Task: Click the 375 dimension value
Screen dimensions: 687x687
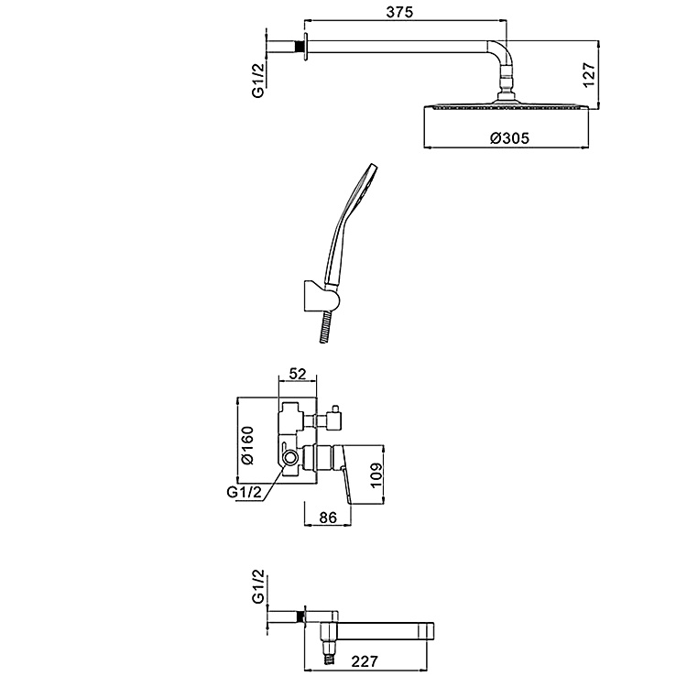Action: coord(399,12)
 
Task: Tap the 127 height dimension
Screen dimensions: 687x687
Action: coord(589,75)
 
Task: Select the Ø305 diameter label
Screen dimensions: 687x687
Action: coord(509,138)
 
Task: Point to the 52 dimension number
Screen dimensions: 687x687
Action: coord(298,374)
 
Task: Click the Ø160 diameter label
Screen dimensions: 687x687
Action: coord(247,445)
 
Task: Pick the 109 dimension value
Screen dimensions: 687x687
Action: coord(376,475)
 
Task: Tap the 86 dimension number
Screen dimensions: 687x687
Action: coord(328,518)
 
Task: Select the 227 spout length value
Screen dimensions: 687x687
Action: coord(364,661)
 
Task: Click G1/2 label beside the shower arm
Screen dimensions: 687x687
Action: coord(258,81)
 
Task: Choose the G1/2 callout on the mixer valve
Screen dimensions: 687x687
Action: coord(244,492)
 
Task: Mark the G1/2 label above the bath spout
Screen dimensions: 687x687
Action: coord(258,586)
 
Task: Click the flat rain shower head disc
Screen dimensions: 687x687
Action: coord(507,106)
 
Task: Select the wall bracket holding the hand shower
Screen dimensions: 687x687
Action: coord(322,297)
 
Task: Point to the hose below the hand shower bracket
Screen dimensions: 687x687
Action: coord(324,327)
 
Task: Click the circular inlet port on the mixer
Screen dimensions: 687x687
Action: coord(289,458)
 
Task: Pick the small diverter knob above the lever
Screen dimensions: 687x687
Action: coord(336,417)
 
